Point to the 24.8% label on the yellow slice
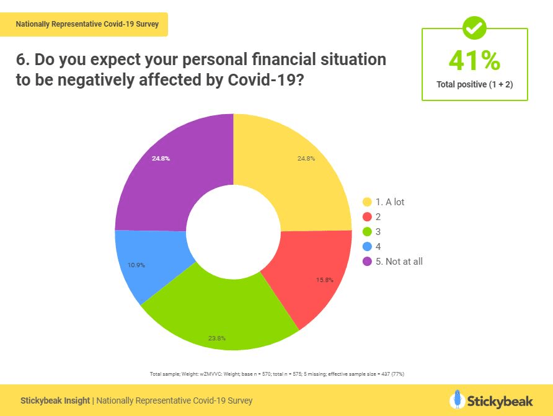click(306, 159)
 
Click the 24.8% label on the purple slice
click(161, 159)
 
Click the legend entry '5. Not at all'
click(399, 261)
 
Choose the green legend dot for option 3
click(366, 232)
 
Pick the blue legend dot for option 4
click(366, 247)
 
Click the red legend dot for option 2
click(366, 217)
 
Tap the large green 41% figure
click(474, 61)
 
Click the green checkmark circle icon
click(474, 27)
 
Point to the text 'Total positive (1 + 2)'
click(474, 84)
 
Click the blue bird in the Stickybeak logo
click(457, 399)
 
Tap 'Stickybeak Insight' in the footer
click(55, 401)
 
